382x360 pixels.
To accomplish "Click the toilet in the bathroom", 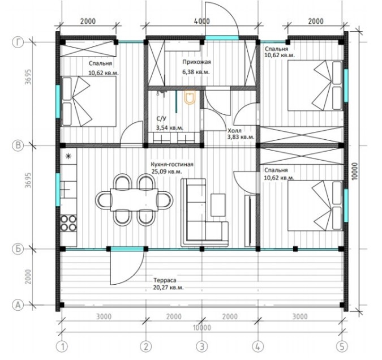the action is pos(190,98).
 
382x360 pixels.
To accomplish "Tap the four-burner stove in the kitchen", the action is pos(68,223).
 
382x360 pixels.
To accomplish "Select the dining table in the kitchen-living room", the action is pos(134,200).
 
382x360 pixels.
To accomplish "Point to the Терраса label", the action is pos(165,280).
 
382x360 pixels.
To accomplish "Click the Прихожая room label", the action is pos(196,62).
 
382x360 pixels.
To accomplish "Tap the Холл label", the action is pos(235,131).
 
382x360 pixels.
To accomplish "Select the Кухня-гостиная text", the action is pos(172,165).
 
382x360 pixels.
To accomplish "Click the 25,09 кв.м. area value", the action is pos(166,172).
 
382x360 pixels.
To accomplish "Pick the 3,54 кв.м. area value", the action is pos(170,128).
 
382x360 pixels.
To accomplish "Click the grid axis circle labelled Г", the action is pos(18,42).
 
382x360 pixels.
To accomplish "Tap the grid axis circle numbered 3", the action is pos(202,346).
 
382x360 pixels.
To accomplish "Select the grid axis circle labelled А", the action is pos(18,305).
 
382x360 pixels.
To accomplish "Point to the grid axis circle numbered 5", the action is pos(342,346).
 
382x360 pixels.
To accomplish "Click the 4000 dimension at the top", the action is pos(202,21).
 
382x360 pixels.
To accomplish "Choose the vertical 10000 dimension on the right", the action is pos(355,172).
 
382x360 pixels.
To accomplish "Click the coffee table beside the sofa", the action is pos(218,205).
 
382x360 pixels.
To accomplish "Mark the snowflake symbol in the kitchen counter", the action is pos(68,156).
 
